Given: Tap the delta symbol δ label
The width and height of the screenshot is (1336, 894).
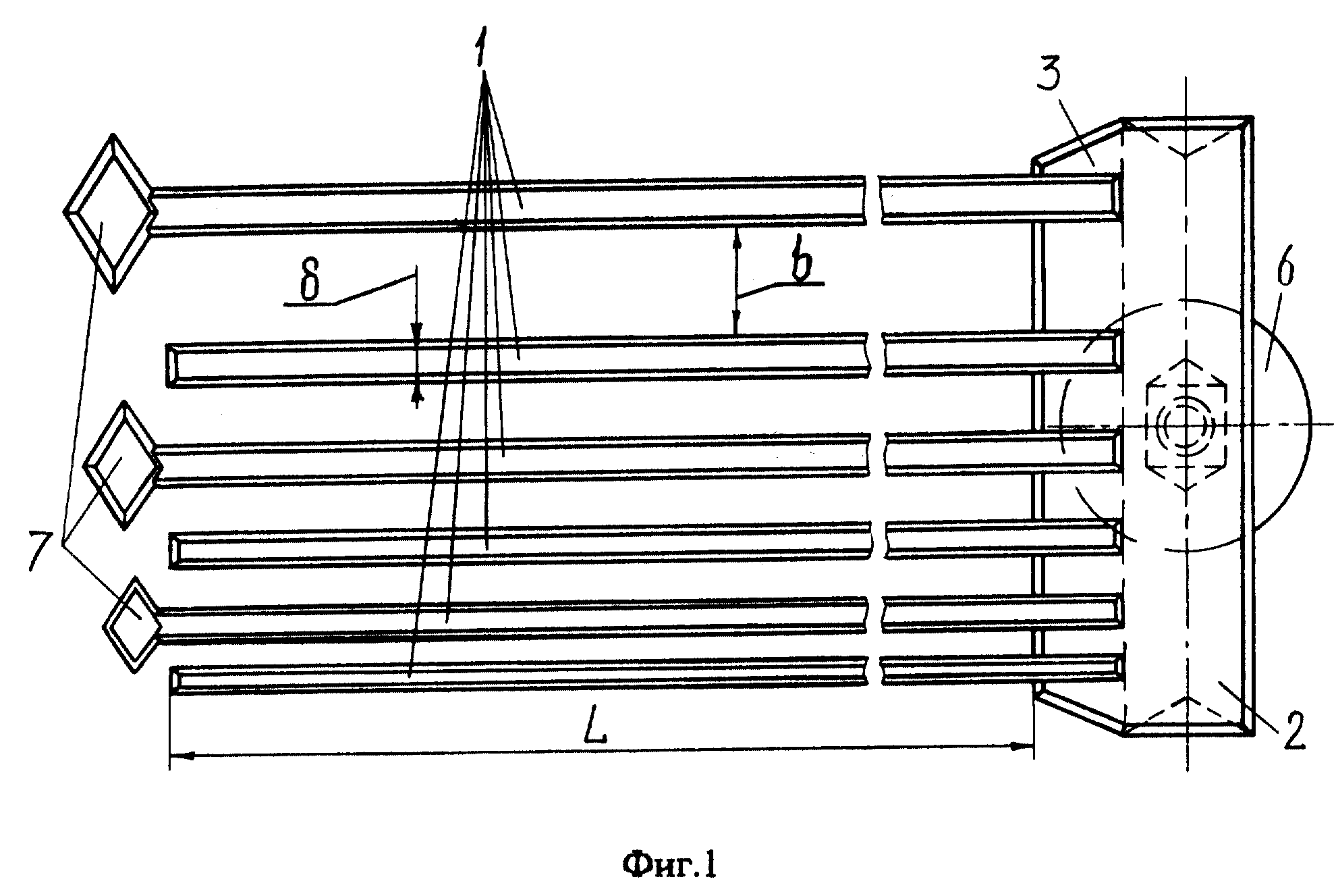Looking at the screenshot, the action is (x=310, y=284).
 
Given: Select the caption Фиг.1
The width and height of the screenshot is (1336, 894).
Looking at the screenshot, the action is (x=669, y=865).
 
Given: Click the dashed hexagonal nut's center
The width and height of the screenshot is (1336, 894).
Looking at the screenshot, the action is (x=1186, y=426).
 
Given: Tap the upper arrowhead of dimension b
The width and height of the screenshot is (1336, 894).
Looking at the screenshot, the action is (x=737, y=238).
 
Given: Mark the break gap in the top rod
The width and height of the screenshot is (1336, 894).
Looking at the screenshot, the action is (x=874, y=201).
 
